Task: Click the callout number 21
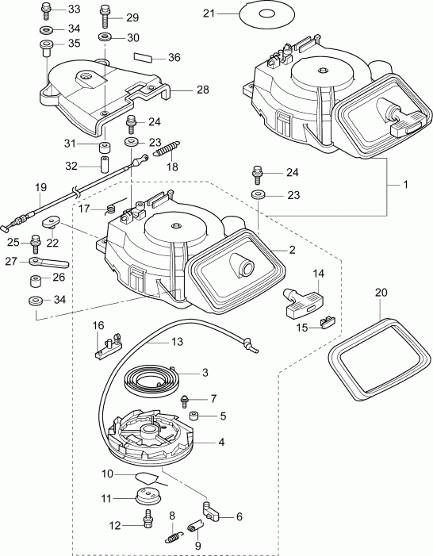click(209, 13)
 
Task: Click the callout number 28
click(203, 90)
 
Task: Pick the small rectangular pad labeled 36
click(144, 57)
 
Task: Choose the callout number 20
click(381, 292)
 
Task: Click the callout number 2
click(293, 250)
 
